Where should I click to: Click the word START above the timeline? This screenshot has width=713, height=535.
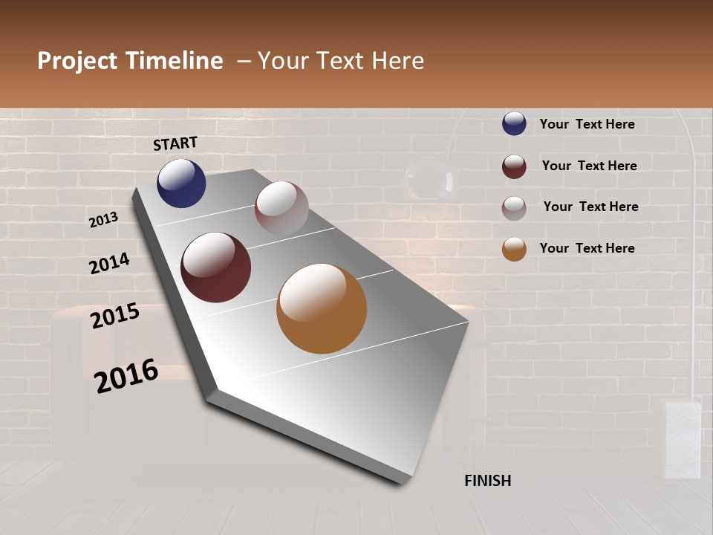pyautogui.click(x=175, y=143)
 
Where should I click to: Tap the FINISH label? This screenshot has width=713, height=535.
pyautogui.click(x=488, y=481)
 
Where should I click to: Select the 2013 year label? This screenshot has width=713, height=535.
pyautogui.click(x=103, y=220)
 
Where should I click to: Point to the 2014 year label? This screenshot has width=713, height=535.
pyautogui.click(x=109, y=264)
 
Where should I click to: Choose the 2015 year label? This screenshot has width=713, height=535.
pyautogui.click(x=115, y=316)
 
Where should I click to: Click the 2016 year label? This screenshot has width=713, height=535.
pyautogui.click(x=126, y=376)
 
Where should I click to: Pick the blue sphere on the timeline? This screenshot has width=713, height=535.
pyautogui.click(x=181, y=183)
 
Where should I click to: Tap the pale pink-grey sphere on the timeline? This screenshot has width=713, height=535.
pyautogui.click(x=281, y=207)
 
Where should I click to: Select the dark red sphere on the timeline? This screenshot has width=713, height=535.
pyautogui.click(x=215, y=267)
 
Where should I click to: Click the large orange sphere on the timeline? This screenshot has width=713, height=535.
pyautogui.click(x=322, y=308)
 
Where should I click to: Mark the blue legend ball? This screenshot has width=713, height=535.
pyautogui.click(x=514, y=124)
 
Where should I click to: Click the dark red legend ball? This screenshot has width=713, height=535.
pyautogui.click(x=514, y=166)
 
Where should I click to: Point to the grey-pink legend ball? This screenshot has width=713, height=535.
pyautogui.click(x=514, y=207)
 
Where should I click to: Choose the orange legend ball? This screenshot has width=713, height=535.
pyautogui.click(x=514, y=249)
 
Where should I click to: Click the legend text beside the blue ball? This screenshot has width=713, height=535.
pyautogui.click(x=587, y=124)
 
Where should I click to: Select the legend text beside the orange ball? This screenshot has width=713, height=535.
pyautogui.click(x=587, y=248)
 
